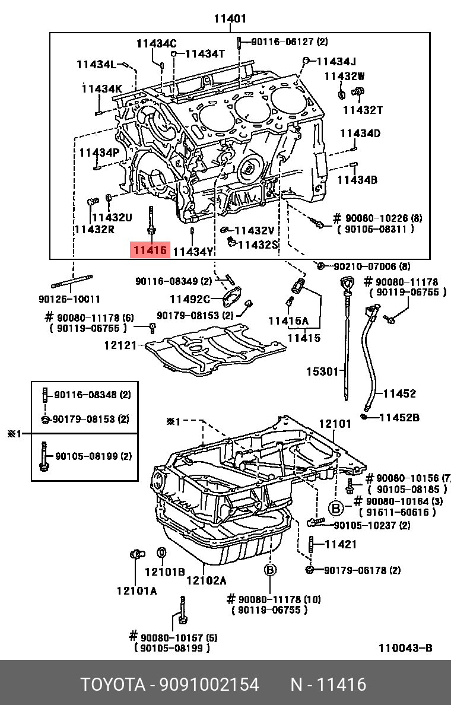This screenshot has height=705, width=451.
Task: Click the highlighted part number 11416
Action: click(x=150, y=250)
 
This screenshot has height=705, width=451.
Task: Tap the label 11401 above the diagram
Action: click(x=230, y=18)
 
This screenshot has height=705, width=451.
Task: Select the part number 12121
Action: click(x=120, y=345)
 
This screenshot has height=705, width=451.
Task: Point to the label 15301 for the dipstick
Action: click(x=322, y=371)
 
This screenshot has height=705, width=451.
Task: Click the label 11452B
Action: click(x=399, y=418)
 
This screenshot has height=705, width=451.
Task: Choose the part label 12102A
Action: click(x=207, y=580)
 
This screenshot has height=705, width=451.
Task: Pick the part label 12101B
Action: click(x=164, y=572)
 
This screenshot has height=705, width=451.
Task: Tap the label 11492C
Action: click(x=190, y=299)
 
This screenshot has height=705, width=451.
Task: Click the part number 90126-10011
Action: click(x=69, y=299)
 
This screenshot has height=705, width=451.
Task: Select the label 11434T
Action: click(x=205, y=54)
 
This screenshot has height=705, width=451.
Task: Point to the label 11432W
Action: click(x=344, y=77)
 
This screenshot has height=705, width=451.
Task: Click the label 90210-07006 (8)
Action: click(x=372, y=266)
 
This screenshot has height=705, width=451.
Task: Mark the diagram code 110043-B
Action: click(x=405, y=648)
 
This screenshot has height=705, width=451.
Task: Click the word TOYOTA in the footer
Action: click(x=113, y=685)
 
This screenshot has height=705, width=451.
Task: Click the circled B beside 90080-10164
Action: click(x=335, y=509)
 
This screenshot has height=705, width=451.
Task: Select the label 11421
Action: click(x=341, y=544)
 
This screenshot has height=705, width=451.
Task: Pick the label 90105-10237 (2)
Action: click(x=372, y=525)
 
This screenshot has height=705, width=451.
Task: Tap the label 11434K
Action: click(x=101, y=88)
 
